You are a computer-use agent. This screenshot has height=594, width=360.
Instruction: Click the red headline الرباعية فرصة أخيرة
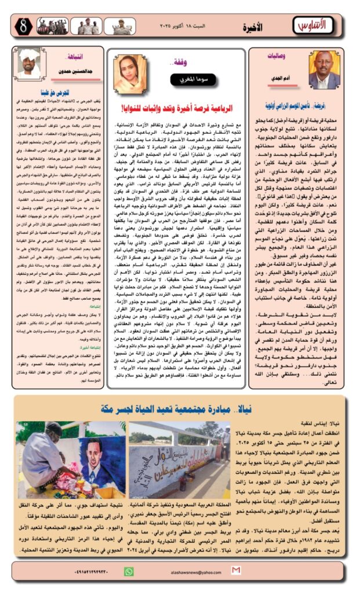point(177,108)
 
